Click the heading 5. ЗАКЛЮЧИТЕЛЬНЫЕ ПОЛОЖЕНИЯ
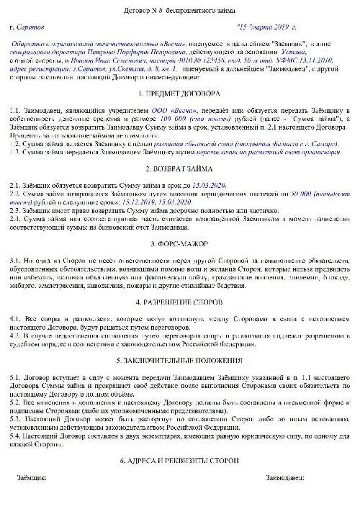click(179, 359)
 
